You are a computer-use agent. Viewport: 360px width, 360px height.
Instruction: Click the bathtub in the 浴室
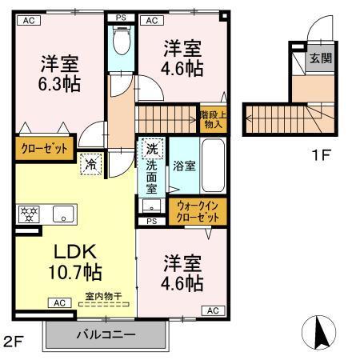coord(210,165)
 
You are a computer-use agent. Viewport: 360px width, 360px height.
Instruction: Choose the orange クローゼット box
coord(43,149)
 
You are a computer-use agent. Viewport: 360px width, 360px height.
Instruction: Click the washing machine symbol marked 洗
coord(150,148)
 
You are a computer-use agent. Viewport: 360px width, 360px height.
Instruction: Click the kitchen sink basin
coord(62,214)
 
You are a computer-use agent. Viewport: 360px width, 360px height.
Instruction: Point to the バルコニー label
coord(106,334)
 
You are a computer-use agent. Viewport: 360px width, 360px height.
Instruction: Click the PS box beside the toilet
coord(122,18)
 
